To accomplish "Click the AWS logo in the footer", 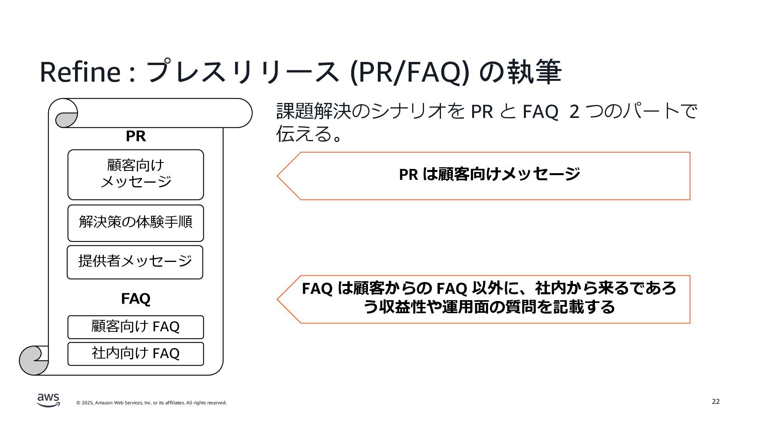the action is [x=49, y=400].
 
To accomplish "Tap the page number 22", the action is [x=715, y=402].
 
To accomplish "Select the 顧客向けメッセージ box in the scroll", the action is [x=135, y=174].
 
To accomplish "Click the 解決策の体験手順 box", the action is [x=135, y=223].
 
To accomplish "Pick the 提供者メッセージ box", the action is [x=135, y=262].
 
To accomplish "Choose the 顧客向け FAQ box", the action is [x=135, y=327].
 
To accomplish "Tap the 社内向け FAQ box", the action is [x=135, y=354].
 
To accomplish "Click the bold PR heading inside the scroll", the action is [x=135, y=136].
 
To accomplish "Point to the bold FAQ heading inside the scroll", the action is [x=135, y=299].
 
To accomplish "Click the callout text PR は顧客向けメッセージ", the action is [x=489, y=174].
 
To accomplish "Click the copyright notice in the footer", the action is [x=151, y=403].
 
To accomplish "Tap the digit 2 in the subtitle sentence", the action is [x=574, y=112].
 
